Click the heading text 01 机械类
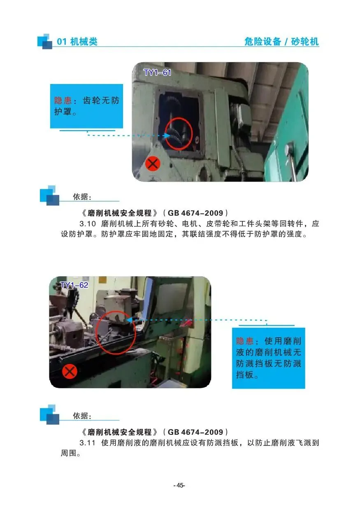pos(77,42)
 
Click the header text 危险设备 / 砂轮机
pos(281,42)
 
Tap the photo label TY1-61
pos(157,72)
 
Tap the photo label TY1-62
pos(74,285)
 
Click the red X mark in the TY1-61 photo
pos(153,164)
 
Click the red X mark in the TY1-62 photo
pos(70,371)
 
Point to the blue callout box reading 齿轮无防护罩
pos(87,106)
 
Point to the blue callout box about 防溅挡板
pos(268,358)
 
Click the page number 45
pos(179,485)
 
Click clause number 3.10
pos(88,224)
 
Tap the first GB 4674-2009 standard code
pos(195,213)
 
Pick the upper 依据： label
pos(82,197)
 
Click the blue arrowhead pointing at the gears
pos(167,135)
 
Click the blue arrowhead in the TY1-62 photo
pos(130,320)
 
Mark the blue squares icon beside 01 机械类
pos(45,41)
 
